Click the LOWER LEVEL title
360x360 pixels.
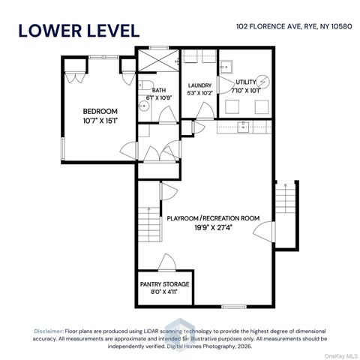(79, 31)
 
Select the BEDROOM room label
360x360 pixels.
(100, 111)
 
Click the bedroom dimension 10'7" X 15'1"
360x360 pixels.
(100, 121)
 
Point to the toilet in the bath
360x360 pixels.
(144, 85)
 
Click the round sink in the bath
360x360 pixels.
(143, 106)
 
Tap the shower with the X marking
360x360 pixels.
(159, 61)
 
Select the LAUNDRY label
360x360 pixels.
(199, 85)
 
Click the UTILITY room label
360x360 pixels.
(246, 82)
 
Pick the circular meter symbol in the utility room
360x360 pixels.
(263, 82)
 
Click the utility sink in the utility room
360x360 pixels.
(226, 67)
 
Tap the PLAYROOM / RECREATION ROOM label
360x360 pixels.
(213, 218)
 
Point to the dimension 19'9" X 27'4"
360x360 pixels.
(213, 228)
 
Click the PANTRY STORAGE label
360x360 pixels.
(164, 284)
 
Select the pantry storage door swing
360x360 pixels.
(167, 262)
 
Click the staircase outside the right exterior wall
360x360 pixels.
(285, 197)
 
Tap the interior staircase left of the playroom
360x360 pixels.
(149, 224)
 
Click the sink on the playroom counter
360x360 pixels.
(243, 125)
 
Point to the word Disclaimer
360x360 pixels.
(49, 331)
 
